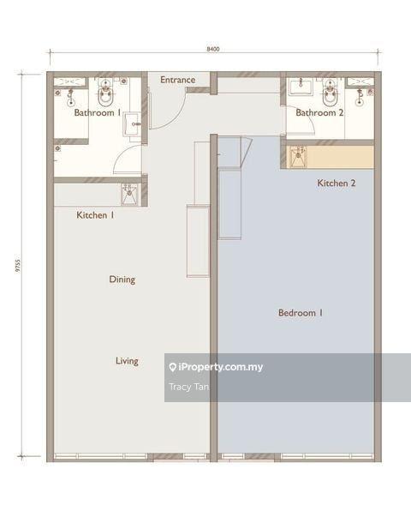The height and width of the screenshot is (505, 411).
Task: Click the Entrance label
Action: tap(178, 81)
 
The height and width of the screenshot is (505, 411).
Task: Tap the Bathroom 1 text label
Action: tap(97, 112)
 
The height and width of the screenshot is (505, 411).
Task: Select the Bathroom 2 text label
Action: tap(319, 112)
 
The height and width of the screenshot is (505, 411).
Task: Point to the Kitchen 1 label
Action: tap(95, 215)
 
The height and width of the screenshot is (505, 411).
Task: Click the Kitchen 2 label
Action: tap(336, 183)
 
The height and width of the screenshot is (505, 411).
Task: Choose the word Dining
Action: tap(122, 280)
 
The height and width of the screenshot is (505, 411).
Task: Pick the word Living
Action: tap(127, 361)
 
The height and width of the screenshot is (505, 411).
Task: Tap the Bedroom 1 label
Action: tap(300, 313)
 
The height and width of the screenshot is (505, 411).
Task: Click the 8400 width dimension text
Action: tap(213, 50)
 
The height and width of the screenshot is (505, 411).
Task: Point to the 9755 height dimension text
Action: tap(17, 266)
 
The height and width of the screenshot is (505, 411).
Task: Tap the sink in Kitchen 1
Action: tap(128, 191)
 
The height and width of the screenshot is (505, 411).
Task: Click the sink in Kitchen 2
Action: tap(298, 155)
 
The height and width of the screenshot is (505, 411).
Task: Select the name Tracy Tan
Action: tap(189, 387)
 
